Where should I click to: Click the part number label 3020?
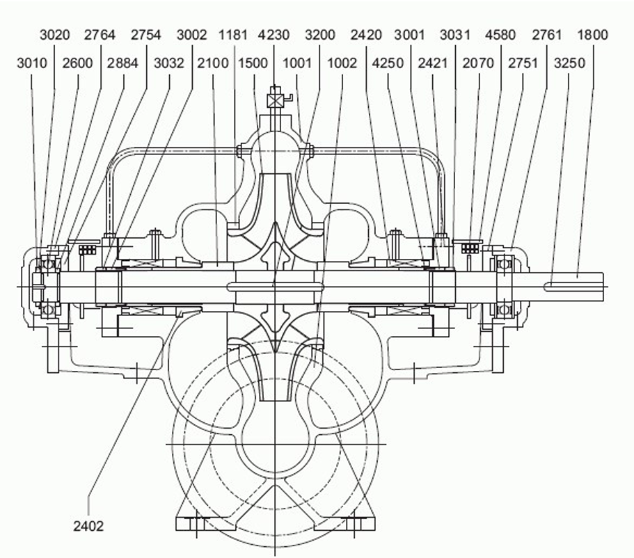55,35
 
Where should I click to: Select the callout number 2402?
88,526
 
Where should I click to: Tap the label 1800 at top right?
593,35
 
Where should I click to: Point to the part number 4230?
274,35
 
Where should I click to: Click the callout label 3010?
32,63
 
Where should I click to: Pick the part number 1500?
253,63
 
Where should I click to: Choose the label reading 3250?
569,63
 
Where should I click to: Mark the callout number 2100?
213,63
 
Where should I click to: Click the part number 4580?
500,35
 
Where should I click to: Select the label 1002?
342,63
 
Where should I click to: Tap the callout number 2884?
122,63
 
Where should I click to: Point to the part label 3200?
320,35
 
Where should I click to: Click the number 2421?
433,63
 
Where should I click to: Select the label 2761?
547,35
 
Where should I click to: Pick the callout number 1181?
232,35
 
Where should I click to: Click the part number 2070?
478,63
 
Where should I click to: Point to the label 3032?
169,63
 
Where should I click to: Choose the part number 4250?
388,63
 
